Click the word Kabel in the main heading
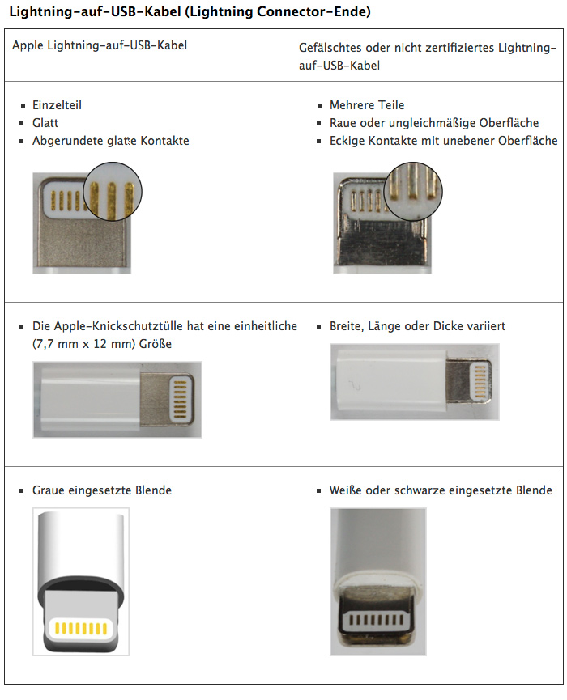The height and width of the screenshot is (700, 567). pyautogui.click(x=161, y=11)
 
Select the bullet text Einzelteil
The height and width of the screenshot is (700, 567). pyautogui.click(x=57, y=105)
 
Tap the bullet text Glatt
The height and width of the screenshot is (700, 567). pyautogui.click(x=45, y=123)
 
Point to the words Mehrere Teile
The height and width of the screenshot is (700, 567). pyautogui.click(x=367, y=105)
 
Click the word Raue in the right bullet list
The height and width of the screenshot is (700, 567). pyautogui.click(x=343, y=123)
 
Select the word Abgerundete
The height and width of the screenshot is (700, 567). pyautogui.click(x=68, y=141)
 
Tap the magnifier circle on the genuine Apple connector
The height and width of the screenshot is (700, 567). pyautogui.click(x=113, y=191)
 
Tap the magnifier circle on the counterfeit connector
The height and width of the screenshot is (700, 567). pyautogui.click(x=413, y=191)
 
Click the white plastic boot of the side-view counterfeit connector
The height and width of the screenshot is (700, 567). pyautogui.click(x=388, y=382)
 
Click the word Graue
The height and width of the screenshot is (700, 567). pyautogui.click(x=46, y=490)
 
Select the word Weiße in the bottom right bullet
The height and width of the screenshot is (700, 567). pyautogui.click(x=345, y=490)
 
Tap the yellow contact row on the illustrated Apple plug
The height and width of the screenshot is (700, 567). pyautogui.click(x=81, y=629)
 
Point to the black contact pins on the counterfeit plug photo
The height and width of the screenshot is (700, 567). pyautogui.click(x=376, y=620)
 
